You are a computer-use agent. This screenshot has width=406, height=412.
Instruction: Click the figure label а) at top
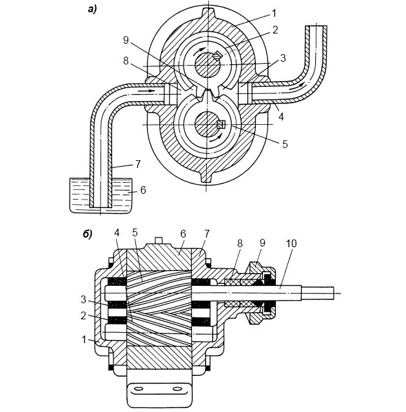[x=92, y=10]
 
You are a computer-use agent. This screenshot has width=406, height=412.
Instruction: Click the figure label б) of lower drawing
[x=88, y=234]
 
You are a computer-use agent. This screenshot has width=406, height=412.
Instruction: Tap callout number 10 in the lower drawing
[x=291, y=243]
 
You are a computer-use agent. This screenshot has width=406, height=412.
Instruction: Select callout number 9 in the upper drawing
[x=126, y=40]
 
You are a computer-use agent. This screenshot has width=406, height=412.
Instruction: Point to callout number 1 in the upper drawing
[x=274, y=13]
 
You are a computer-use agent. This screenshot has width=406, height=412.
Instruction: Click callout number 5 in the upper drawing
[x=285, y=144]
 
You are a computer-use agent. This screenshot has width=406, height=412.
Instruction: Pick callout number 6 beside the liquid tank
[x=143, y=190]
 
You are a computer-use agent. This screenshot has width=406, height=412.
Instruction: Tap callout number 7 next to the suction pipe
[x=139, y=164]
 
